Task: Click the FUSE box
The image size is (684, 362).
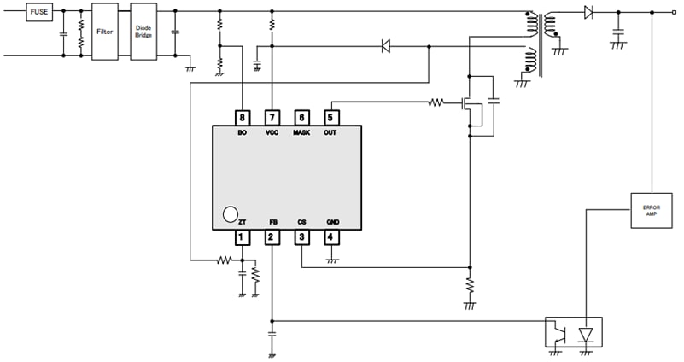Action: (x=39, y=13)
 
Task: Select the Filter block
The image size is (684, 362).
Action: (x=104, y=31)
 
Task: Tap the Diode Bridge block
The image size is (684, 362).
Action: (x=143, y=31)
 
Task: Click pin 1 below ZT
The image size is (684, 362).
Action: (x=243, y=237)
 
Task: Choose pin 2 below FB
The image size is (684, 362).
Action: (x=272, y=237)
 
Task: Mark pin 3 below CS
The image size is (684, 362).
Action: (x=301, y=237)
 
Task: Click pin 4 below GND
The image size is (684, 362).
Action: (x=331, y=237)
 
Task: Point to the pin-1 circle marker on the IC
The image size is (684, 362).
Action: (x=229, y=214)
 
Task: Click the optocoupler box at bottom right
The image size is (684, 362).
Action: (x=574, y=331)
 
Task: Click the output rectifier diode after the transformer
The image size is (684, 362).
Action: (x=588, y=12)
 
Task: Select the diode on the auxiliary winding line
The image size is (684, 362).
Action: (x=386, y=46)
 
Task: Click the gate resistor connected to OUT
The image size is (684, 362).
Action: (x=436, y=103)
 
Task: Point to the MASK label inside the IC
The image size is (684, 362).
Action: (x=301, y=133)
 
